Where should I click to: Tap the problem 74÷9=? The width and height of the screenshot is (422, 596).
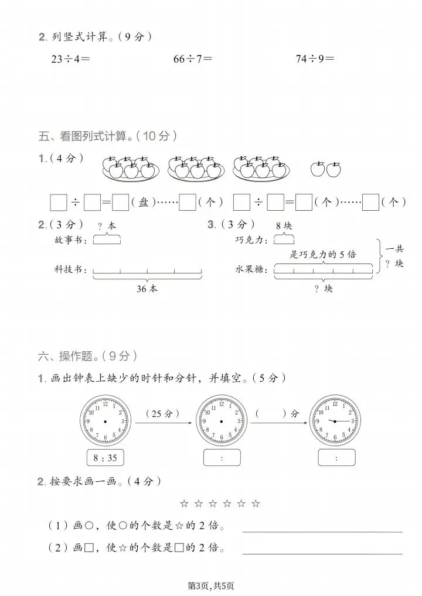pos(315,59)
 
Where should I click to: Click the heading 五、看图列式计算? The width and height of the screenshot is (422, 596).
pos(108,136)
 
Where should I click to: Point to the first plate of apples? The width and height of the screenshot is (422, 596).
pos(132,168)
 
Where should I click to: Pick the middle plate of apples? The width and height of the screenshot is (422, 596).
pos(196,168)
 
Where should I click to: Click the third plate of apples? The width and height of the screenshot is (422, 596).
pos(261,168)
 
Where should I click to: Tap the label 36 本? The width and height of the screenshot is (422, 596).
pos(147,289)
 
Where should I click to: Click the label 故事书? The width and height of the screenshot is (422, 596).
pos(70,240)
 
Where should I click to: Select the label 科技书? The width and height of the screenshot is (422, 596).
pos(70,270)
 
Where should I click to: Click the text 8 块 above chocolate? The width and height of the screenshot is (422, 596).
pos(284,225)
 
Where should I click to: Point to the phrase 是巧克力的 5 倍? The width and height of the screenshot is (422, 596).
pos(323,254)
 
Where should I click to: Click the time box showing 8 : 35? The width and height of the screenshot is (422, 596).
pos(105,458)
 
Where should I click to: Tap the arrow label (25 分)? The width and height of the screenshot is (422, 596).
pos(157,413)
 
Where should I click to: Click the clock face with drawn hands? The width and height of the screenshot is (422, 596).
pos(336,421)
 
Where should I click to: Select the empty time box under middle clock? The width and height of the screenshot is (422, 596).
pos(222,458)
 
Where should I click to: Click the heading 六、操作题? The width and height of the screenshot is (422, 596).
pos(87,355)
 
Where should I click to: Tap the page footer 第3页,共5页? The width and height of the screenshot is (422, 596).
pos(211,585)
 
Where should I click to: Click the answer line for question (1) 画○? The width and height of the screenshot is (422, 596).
pos(322,530)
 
